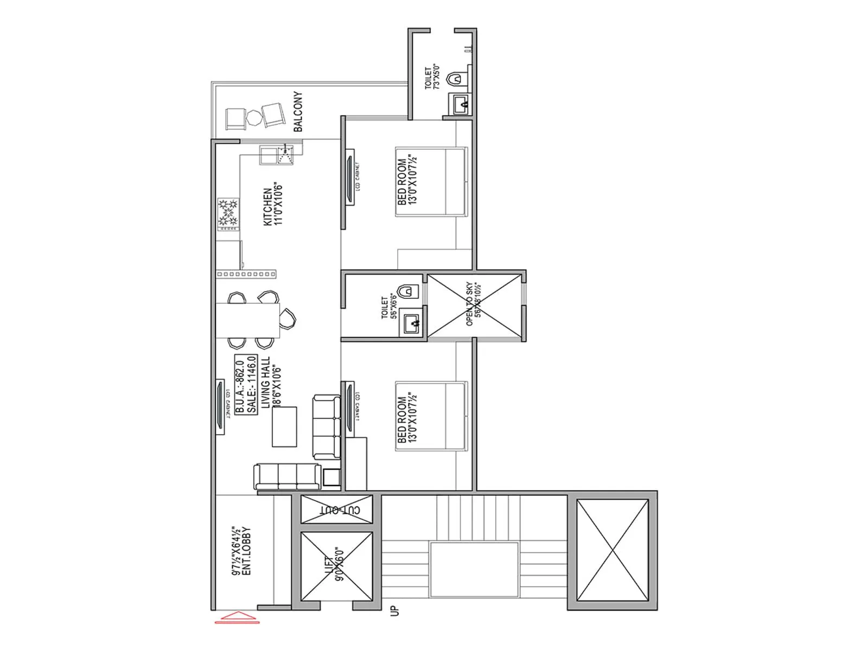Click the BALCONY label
(298, 112)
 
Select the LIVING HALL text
(266, 382)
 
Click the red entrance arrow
(237, 617)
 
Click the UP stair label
(394, 610)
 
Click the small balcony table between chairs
(254, 117)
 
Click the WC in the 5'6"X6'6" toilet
(410, 291)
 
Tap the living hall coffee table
(284, 427)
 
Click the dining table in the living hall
(248, 320)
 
